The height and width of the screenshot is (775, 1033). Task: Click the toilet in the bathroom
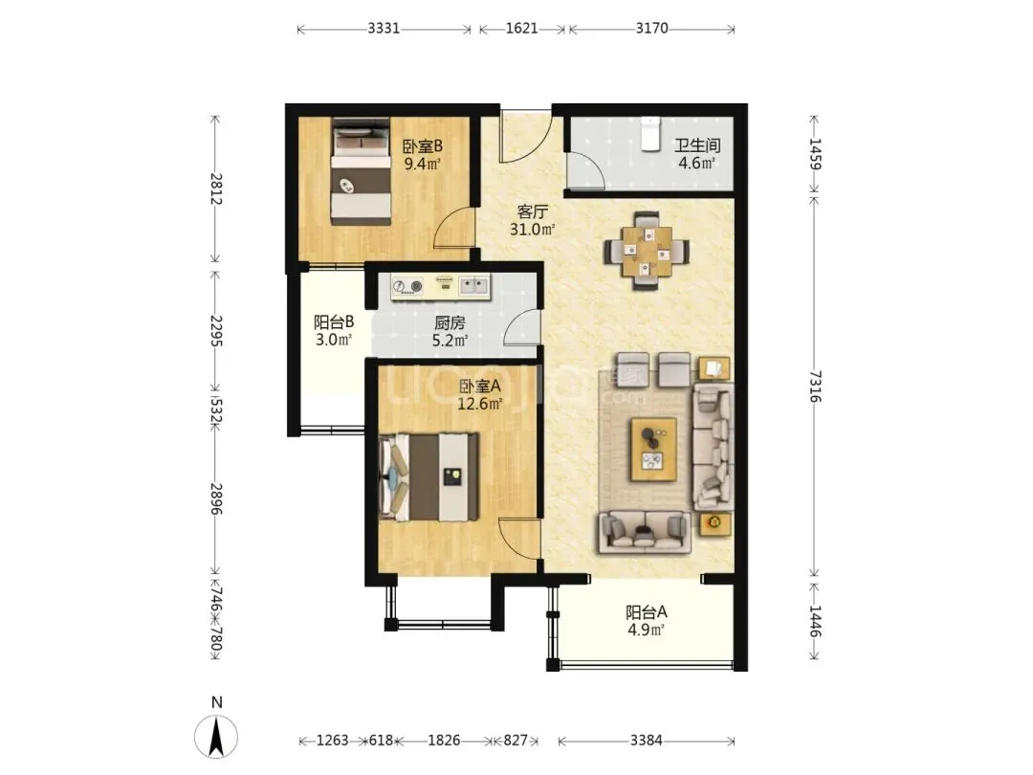click(x=650, y=134)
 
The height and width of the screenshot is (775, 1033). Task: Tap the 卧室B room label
click(x=423, y=145)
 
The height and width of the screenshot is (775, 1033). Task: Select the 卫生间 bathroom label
click(x=697, y=145)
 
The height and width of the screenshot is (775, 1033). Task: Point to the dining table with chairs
click(x=647, y=251)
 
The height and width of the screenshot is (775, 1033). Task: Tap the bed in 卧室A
click(x=429, y=476)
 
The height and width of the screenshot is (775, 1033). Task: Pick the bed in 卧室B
click(x=361, y=171)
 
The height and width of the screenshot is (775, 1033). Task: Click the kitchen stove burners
click(x=407, y=286)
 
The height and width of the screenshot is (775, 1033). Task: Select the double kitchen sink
click(x=473, y=285)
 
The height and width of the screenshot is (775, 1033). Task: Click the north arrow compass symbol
click(x=216, y=736)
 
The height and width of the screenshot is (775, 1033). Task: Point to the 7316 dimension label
click(x=815, y=387)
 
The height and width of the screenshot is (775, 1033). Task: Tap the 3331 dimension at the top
click(x=384, y=29)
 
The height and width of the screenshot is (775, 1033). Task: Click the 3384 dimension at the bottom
click(x=646, y=741)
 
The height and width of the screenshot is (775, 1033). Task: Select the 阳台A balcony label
click(x=647, y=613)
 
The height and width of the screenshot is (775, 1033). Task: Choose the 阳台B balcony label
click(x=334, y=322)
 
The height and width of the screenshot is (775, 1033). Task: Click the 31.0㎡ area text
click(x=533, y=230)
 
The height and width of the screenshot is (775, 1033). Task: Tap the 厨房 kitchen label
click(x=450, y=323)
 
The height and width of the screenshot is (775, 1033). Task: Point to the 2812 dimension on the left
click(x=215, y=188)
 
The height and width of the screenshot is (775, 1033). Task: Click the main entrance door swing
click(x=525, y=137)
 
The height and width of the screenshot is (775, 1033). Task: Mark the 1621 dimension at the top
click(x=522, y=29)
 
